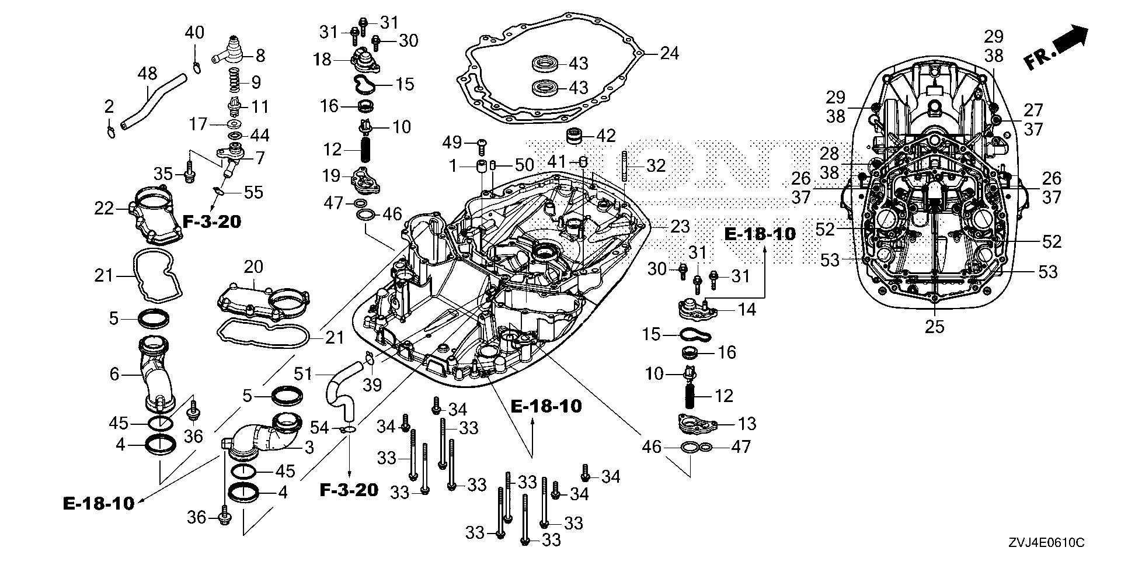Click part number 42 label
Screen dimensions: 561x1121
[607, 136]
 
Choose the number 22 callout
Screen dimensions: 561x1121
[104, 208]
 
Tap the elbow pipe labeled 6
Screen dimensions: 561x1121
[156, 374]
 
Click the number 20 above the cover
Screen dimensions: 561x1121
[253, 267]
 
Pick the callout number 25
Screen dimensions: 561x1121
[934, 327]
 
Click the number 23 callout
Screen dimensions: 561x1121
[680, 226]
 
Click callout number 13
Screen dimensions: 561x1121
[747, 424]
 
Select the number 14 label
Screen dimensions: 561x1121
[747, 310]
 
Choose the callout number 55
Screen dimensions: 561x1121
[253, 192]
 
